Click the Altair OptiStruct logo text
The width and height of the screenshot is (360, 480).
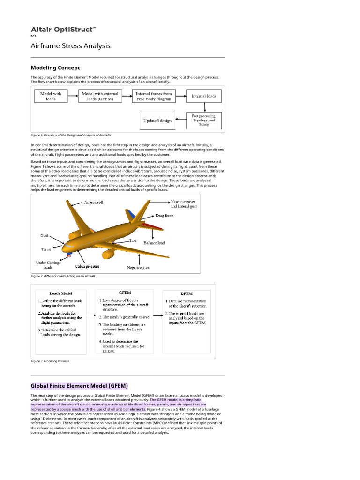coord(63,30)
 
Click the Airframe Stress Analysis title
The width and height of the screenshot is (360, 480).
coord(70,46)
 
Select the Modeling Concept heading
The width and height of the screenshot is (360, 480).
coord(55,68)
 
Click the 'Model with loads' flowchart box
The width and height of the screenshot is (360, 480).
coord(51,97)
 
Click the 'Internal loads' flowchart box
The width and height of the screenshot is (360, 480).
coord(204,96)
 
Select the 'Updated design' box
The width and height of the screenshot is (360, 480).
coord(157,120)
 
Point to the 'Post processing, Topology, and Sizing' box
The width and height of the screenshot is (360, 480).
coord(204,120)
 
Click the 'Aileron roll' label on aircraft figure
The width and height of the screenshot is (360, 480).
coord(93,202)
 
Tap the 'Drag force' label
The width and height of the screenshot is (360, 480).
coord(164,216)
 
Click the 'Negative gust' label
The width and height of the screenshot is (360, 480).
coord(138,268)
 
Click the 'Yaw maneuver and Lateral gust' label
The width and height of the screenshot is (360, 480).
coord(184,203)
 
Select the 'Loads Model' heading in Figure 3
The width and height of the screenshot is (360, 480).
coord(60,293)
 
